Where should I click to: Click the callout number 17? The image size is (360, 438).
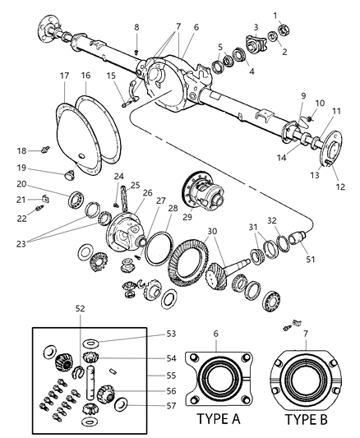[62, 76]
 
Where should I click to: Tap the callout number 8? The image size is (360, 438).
[136, 28]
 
